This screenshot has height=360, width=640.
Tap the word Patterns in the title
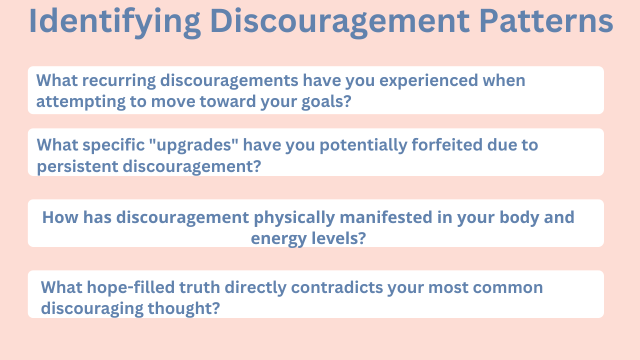click(x=546, y=21)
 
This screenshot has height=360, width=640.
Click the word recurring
click(x=119, y=81)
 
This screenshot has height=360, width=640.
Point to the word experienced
click(x=428, y=81)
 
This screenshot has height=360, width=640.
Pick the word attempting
click(x=81, y=102)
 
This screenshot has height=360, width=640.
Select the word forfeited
click(x=446, y=144)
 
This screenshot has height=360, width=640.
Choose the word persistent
click(x=77, y=167)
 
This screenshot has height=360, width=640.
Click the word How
click(x=60, y=217)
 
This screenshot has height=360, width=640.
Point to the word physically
click(x=294, y=218)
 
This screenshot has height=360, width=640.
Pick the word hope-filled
click(x=130, y=287)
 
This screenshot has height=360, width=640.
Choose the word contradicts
click(x=337, y=287)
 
